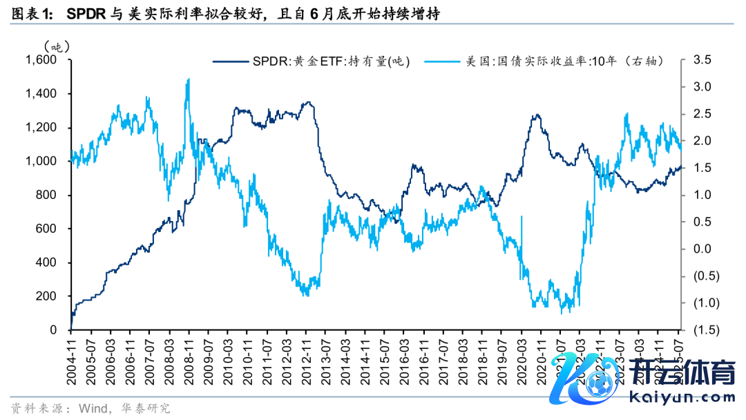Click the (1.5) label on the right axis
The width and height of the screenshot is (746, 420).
pos(702,330)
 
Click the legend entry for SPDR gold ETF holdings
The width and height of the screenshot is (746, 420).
pos(311,61)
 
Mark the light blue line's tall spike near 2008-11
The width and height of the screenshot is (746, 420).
pos(189,80)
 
